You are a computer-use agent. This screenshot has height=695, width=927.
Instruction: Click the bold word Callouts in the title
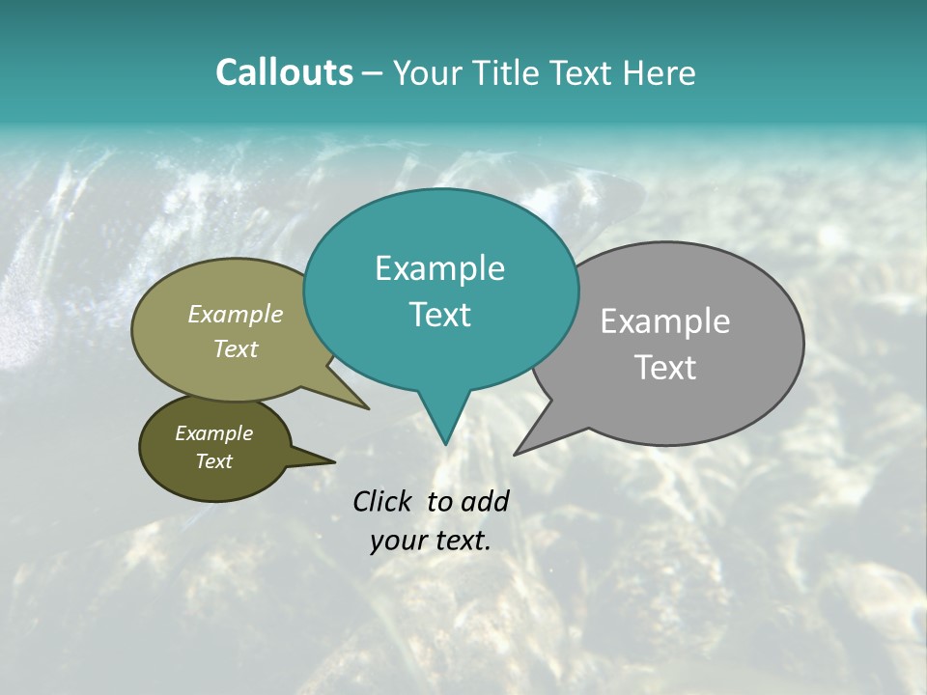[284, 72]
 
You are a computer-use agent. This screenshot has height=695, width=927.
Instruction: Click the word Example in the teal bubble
[439, 268]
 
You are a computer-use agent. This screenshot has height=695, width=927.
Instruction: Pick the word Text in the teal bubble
[439, 315]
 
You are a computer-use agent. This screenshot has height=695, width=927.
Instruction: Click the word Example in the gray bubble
[664, 321]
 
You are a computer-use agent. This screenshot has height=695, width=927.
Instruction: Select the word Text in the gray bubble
[665, 368]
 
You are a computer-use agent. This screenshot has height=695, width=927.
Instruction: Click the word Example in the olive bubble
[235, 315]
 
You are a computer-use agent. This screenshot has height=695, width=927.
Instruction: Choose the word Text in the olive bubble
[235, 349]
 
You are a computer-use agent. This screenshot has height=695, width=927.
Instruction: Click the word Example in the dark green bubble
[213, 433]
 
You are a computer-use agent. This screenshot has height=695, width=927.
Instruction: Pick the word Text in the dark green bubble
[213, 461]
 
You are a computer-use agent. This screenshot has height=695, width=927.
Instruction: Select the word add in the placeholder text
[484, 501]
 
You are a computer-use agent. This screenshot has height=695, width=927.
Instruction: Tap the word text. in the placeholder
[463, 541]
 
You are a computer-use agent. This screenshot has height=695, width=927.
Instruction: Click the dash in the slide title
[373, 73]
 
